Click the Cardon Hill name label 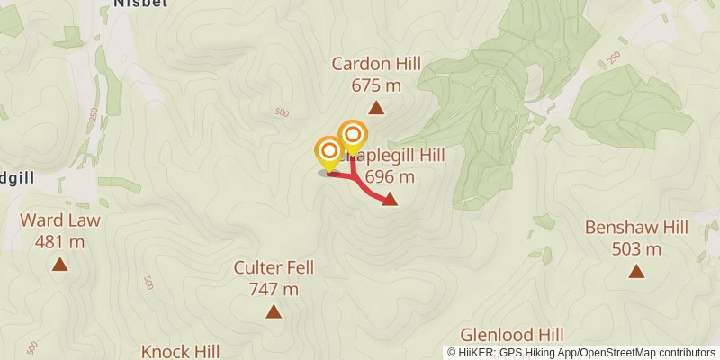376,64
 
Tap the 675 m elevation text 376,85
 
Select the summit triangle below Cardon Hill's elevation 376,109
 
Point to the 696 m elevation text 390,177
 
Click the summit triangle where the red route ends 390,200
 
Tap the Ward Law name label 60,220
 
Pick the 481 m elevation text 60,242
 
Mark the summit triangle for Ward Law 60,265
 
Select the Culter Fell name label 273,267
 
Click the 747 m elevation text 273,289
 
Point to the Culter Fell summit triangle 273,311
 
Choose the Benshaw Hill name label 636,228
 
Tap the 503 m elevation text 636,249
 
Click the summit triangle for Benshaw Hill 636,271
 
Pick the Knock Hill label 181,350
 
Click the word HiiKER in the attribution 476,353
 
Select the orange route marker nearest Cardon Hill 352,135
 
